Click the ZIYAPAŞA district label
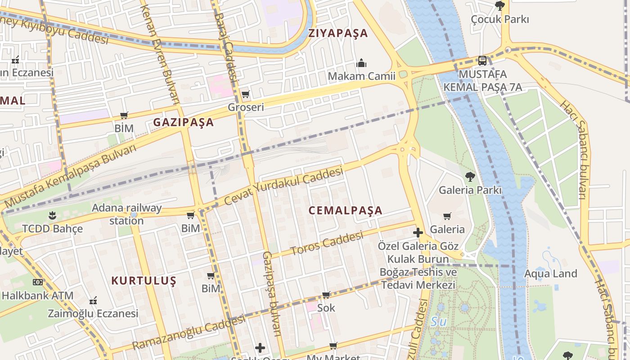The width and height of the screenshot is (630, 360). tap(338, 33)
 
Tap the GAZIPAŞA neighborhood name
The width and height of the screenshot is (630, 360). tap(184, 122)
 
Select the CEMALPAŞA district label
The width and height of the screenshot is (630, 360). tap(346, 211)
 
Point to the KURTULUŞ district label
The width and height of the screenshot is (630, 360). tap(144, 281)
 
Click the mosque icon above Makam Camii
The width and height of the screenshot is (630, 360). tap(361, 63)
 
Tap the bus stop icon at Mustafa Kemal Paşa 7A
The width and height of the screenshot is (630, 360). tap(482, 60)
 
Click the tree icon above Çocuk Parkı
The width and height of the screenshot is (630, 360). tap(499, 5)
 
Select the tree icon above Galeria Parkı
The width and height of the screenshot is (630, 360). tap(470, 176)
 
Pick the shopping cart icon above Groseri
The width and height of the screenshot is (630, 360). tap(245, 94)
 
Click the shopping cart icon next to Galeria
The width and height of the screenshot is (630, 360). tap(447, 216)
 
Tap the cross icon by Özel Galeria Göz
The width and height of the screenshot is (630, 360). tap(418, 233)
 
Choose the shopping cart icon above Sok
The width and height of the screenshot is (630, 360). tap(326, 295)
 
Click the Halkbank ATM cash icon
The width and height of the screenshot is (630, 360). tap(38, 282)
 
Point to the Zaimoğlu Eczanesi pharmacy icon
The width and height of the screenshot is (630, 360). tap(93, 300)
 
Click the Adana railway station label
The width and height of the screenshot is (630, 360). tap(126, 214)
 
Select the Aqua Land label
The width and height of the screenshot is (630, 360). tap(550, 274)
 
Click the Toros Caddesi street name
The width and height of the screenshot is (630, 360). tap(327, 243)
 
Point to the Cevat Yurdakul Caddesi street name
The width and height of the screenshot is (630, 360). tap(283, 186)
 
